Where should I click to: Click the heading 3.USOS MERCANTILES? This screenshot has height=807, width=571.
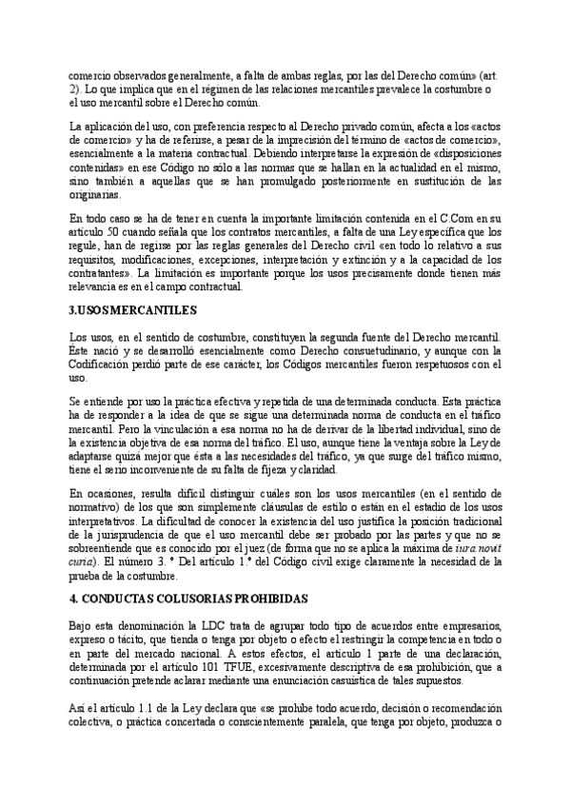coord(133,309)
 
